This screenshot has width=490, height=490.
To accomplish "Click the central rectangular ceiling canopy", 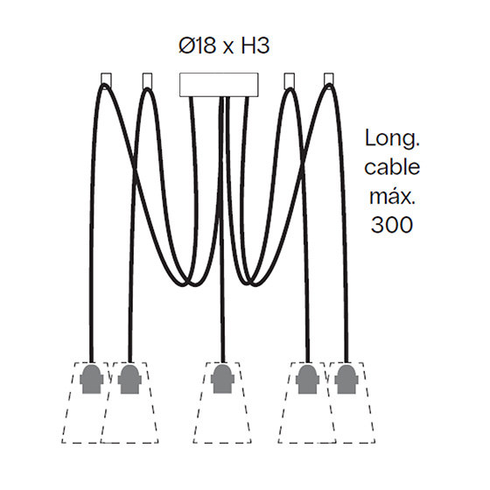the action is [x=219, y=84].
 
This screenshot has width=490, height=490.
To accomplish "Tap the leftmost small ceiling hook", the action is [x=106, y=79].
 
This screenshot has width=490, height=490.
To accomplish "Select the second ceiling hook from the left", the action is [x=147, y=80].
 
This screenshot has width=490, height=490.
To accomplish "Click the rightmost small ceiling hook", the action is [x=329, y=79].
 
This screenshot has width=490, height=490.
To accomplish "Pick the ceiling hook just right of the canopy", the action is [x=290, y=80].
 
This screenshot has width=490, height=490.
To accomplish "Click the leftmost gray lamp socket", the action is [x=91, y=379].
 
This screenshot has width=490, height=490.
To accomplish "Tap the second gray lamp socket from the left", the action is [x=129, y=379].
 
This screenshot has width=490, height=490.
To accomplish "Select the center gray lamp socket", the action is [x=222, y=379].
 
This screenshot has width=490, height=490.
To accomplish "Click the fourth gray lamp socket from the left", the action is [x=308, y=379].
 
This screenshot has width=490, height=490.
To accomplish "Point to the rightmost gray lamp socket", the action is [x=346, y=379].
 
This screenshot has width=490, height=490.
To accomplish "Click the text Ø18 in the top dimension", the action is [x=197, y=45].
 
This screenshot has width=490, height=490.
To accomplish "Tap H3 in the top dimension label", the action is [x=255, y=45].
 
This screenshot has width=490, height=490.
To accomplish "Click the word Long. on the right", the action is [x=392, y=138].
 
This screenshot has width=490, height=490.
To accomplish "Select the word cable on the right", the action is [x=392, y=167].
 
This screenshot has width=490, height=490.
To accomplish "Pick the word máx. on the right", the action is [x=392, y=196].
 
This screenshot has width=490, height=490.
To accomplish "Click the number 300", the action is [x=392, y=224].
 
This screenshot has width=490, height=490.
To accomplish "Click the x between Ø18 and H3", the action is [x=228, y=48].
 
